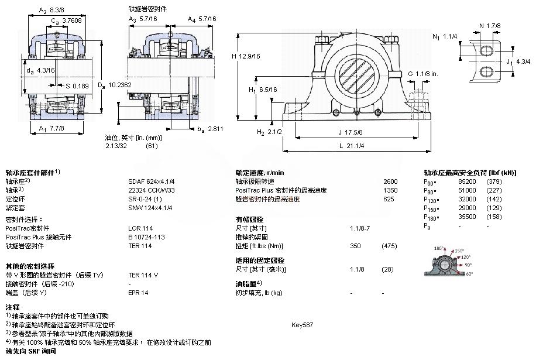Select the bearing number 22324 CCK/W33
[150, 190]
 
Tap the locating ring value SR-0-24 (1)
[145, 199]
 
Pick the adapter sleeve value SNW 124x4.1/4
[150, 208]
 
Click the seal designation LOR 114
[140, 228]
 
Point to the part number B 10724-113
[147, 237]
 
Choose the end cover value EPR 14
[138, 293]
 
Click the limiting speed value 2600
[390, 181]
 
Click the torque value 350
[355, 246]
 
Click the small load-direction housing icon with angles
[446, 262]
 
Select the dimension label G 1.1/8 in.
[423, 73]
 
